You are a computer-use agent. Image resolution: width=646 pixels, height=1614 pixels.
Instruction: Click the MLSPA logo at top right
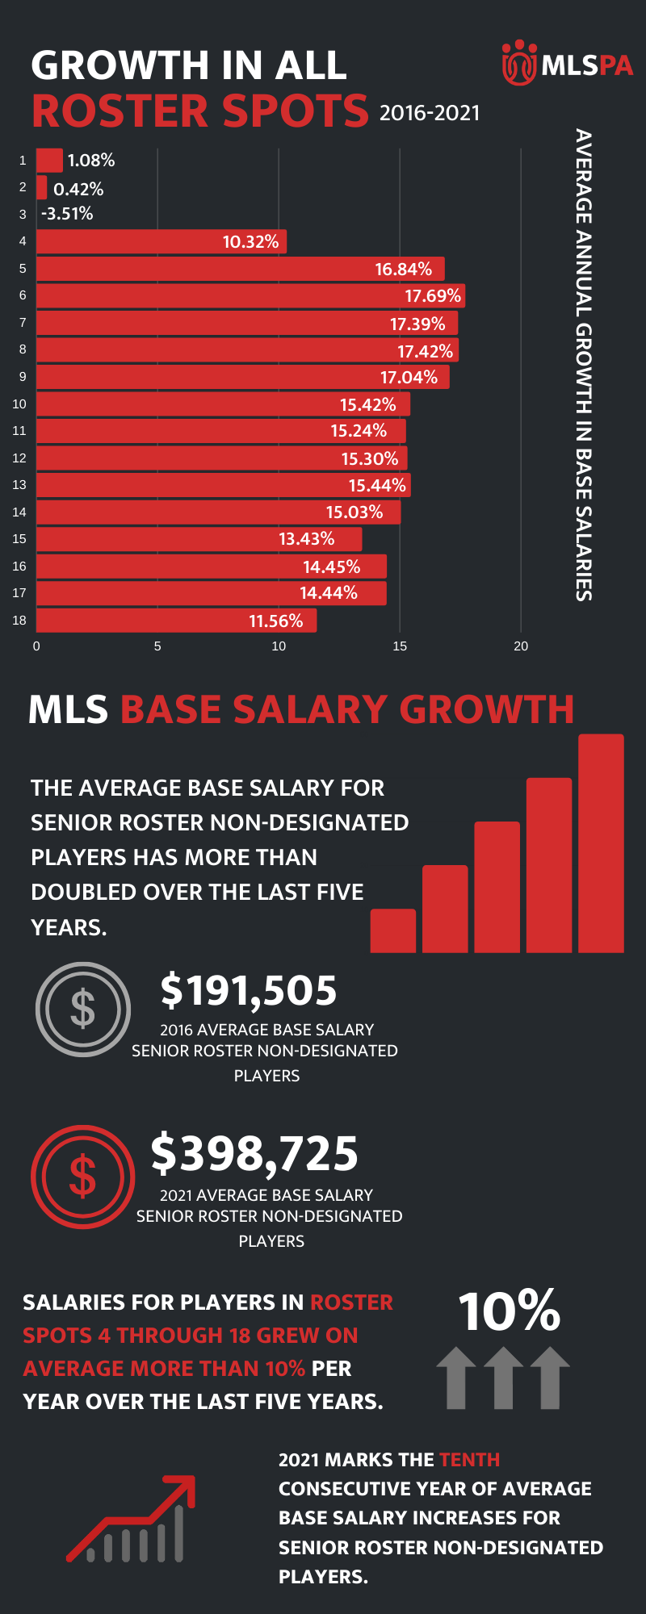[567, 63]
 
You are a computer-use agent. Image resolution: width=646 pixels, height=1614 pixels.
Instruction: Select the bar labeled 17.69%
[250, 296]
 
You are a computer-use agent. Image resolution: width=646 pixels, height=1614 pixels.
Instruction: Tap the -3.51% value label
[67, 214]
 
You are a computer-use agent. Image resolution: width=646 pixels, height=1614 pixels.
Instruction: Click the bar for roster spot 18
[176, 621]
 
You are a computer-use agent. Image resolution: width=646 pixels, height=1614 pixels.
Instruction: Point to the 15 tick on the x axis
[400, 646]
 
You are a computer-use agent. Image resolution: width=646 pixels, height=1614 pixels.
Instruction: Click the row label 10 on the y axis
[19, 403]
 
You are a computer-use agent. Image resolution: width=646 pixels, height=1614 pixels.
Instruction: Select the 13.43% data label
[306, 538]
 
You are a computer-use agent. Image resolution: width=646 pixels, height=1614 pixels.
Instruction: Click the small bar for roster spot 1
[49, 160]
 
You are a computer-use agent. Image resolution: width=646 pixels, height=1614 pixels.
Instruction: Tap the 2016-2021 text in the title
[430, 113]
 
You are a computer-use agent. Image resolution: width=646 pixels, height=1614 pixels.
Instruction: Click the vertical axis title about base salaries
[584, 365]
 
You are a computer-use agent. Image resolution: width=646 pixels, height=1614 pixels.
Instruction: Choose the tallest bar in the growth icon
[601, 843]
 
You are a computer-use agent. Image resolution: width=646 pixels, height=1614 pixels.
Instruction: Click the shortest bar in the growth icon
[392, 930]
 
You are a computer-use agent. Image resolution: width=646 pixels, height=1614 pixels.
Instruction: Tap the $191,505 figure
[248, 990]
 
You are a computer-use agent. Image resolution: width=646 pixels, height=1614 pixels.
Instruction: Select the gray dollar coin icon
[83, 1009]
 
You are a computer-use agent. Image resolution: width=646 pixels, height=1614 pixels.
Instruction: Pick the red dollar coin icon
[82, 1177]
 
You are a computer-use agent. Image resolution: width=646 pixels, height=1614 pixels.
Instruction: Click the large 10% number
[509, 1311]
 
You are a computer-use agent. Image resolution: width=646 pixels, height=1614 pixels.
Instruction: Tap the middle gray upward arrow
[503, 1378]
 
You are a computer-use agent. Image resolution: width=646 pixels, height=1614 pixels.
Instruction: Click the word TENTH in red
[469, 1460]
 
